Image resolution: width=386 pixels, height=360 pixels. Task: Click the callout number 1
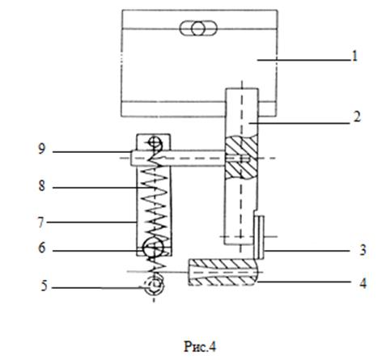coord(354,56)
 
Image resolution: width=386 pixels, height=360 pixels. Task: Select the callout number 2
coord(357,117)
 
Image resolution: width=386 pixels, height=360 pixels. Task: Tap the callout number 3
coord(363,250)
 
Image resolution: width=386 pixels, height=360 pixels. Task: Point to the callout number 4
coord(363,284)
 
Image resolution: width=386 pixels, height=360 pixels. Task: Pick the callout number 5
coord(45,286)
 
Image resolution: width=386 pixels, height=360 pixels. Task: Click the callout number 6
coord(42,248)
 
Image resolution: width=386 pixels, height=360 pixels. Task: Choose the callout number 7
coord(41,222)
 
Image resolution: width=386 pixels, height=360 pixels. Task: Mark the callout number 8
coord(42,186)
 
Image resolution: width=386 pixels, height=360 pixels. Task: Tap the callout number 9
coord(41,149)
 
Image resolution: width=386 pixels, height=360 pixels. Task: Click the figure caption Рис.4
coord(200,346)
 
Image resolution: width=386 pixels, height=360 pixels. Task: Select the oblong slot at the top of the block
coord(198,28)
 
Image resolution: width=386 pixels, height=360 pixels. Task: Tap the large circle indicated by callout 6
coord(153,248)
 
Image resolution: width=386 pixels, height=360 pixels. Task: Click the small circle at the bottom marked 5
coord(154,287)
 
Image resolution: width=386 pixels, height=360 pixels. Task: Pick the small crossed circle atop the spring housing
coord(155,142)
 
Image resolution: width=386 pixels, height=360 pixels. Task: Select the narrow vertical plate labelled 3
coord(259,237)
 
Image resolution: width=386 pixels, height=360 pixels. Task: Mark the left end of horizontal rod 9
coord(131,158)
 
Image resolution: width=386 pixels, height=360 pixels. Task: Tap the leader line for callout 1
coord(303,60)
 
